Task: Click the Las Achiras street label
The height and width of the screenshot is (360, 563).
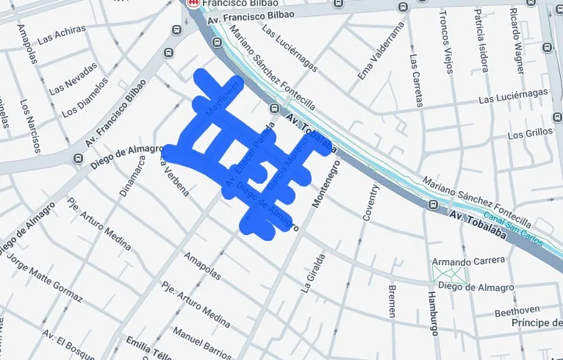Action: click(61, 34)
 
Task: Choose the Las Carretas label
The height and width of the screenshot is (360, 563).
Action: click(417, 82)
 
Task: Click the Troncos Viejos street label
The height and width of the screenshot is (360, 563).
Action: click(446, 42)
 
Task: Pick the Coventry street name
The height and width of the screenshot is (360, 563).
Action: click(370, 202)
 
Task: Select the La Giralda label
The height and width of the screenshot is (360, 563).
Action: click(308, 273)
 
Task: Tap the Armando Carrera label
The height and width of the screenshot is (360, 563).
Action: click(468, 261)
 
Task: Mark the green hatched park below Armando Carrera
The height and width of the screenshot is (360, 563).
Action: click(449, 273)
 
